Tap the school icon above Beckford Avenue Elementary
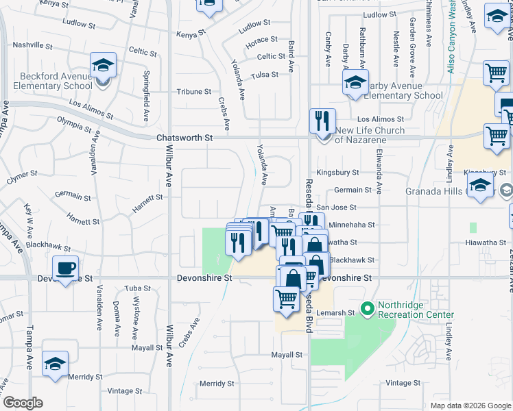(103, 66)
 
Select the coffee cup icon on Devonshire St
(65, 269)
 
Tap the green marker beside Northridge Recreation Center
(367, 310)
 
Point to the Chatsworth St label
(184, 138)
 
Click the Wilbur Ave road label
(168, 171)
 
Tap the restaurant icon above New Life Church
(322, 121)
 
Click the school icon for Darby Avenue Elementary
(355, 83)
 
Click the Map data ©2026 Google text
(470, 406)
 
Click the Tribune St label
(194, 91)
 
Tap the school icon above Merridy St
(55, 364)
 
